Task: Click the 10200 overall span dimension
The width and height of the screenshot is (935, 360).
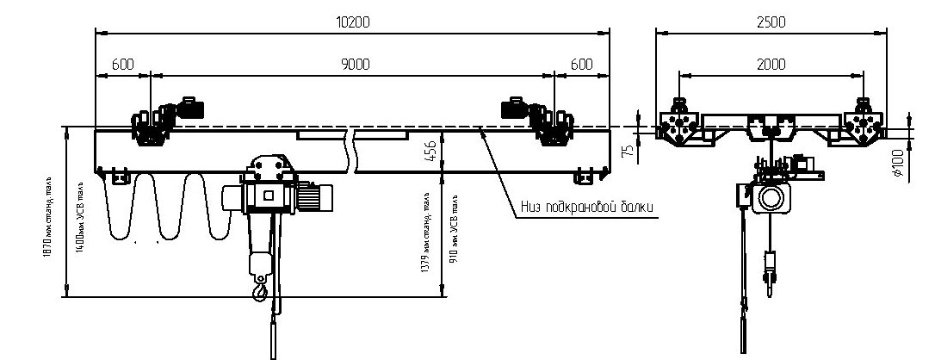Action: click(352, 22)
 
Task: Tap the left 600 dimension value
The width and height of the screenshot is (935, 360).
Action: click(122, 65)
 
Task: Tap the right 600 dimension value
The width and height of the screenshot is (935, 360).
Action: click(581, 65)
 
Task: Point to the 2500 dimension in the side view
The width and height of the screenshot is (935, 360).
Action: click(771, 22)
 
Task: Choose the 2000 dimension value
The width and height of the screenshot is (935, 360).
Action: click(771, 65)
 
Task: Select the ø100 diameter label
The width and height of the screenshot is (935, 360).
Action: click(898, 163)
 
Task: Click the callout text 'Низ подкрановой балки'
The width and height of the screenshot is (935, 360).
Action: click(588, 208)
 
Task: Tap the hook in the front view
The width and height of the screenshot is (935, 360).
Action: click(259, 294)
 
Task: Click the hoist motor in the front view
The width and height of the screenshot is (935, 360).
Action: click(319, 198)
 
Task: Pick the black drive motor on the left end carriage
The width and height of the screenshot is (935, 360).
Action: click(192, 108)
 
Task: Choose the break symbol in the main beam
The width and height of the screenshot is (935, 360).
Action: click(351, 151)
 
